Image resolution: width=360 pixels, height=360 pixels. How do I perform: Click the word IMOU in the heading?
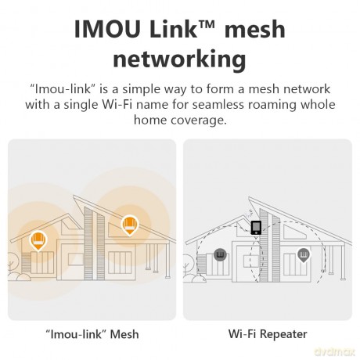(x=107, y=29)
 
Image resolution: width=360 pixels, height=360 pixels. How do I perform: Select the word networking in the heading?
(x=179, y=59)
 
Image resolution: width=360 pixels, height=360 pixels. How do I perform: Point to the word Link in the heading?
(x=173, y=28)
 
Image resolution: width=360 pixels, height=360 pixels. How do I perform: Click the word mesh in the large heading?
(x=255, y=29)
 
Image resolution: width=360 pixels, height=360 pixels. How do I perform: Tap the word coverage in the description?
(x=199, y=121)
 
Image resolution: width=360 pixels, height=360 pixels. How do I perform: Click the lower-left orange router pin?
(x=38, y=240)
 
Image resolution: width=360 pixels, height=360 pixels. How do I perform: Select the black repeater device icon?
(x=256, y=228)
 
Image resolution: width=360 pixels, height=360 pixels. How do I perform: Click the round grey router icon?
(x=220, y=255)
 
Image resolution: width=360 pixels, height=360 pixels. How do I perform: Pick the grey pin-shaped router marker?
(x=304, y=255)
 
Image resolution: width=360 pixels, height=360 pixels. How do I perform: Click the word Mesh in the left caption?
(x=124, y=334)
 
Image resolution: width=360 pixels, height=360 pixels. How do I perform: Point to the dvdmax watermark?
(x=335, y=352)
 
